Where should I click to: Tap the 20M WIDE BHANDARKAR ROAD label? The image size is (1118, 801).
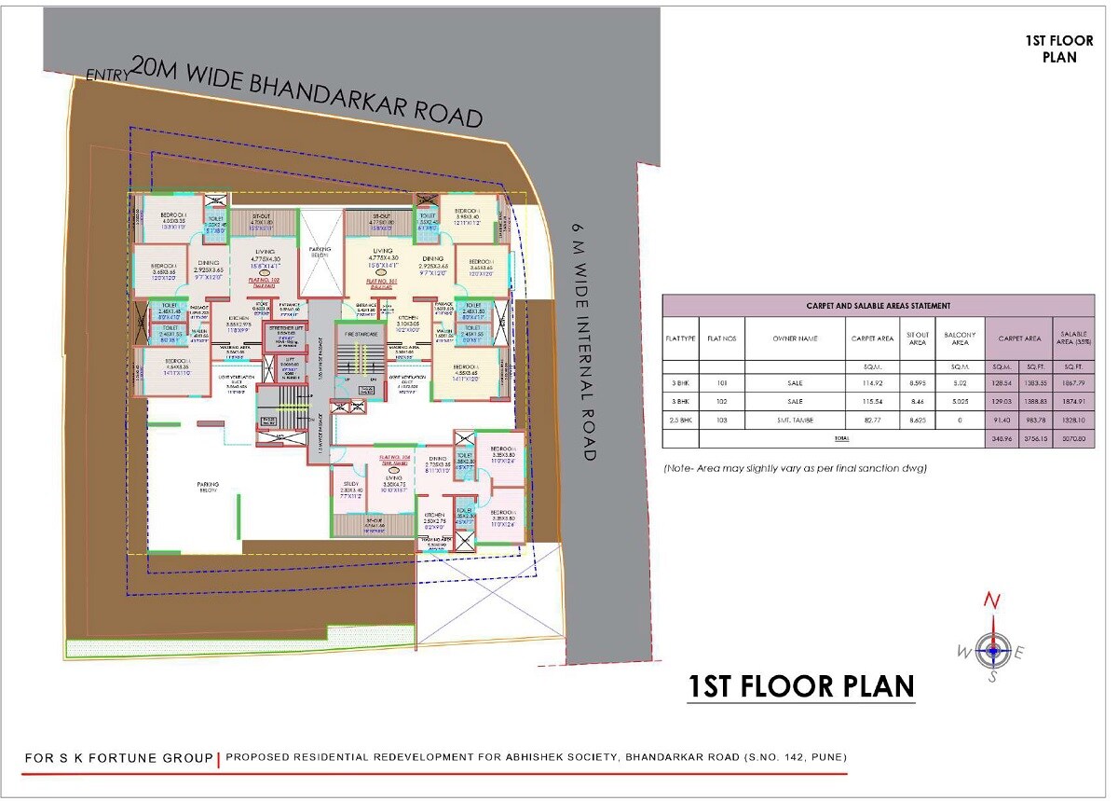pyautogui.click(x=307, y=91)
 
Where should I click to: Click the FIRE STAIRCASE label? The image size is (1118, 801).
pyautogui.click(x=362, y=333)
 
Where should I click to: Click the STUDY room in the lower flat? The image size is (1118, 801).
pyautogui.click(x=350, y=488)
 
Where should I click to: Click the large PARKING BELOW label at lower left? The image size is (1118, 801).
pyautogui.click(x=207, y=488)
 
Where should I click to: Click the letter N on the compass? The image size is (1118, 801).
pyautogui.click(x=994, y=601)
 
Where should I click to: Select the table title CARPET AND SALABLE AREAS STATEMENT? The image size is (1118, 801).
pyautogui.click(x=878, y=305)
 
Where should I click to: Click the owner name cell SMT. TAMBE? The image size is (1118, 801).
pyautogui.click(x=794, y=421)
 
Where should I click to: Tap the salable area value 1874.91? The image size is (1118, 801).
pyautogui.click(x=1073, y=402)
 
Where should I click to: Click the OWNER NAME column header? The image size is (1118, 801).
pyautogui.click(x=794, y=338)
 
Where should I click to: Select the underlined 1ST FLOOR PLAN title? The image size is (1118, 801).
pyautogui.click(x=801, y=686)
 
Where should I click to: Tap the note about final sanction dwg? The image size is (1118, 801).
pyautogui.click(x=795, y=468)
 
